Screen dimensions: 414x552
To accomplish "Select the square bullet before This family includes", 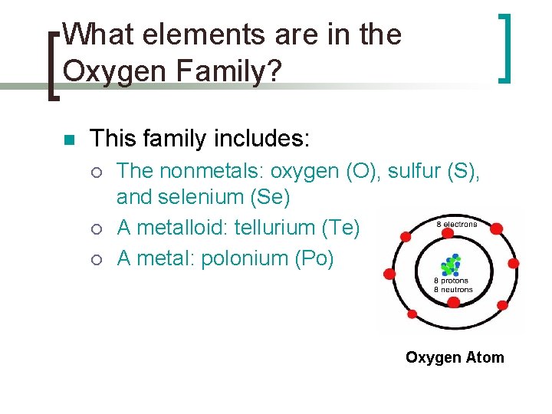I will click(67, 141).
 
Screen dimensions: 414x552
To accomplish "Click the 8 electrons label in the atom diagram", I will click(456, 225).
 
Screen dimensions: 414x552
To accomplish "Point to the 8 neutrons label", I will click(452, 289).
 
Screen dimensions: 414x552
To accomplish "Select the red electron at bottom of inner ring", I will click(453, 303).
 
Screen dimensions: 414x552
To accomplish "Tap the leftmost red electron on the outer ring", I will click(389, 273).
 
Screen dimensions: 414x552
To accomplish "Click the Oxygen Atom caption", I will click(455, 357).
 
